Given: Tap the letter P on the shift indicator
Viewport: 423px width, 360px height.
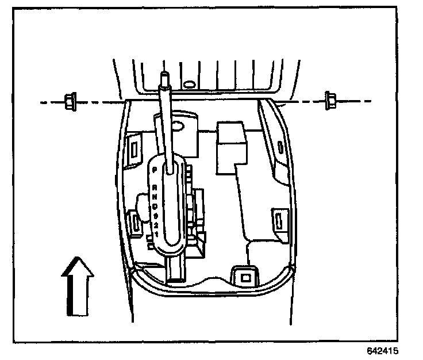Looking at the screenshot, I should pos(154,170).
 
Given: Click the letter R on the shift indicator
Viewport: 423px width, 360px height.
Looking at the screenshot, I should pos(154,187).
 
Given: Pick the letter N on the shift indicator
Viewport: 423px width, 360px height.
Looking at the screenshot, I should pos(154,197).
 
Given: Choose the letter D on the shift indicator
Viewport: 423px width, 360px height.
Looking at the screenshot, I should pos(154,206).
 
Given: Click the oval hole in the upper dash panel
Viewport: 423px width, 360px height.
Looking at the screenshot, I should pos(188,85).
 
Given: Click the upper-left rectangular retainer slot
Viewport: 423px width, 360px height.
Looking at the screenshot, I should pos(134,148).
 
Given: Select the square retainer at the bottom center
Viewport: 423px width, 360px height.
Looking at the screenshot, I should pos(245,276).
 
